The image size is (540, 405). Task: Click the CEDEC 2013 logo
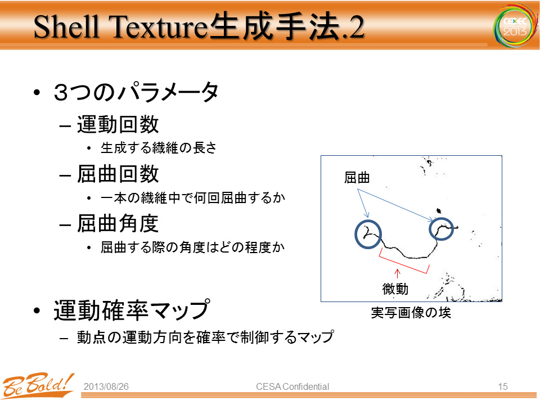pyautogui.click(x=515, y=25)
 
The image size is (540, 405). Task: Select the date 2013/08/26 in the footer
pyautogui.click(x=106, y=387)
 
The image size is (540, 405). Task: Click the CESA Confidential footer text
pyautogui.click(x=292, y=387)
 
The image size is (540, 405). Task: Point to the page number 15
pyautogui.click(x=503, y=387)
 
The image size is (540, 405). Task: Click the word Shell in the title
pyautogui.click(x=67, y=27)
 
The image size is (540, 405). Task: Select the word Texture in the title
pyautogui.click(x=159, y=27)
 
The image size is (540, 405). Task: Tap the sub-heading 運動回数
pyautogui.click(x=118, y=124)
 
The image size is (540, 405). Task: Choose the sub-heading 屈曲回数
pyautogui.click(x=118, y=174)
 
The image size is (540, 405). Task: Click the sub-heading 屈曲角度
pyautogui.click(x=118, y=223)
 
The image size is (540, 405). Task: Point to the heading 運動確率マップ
pyautogui.click(x=132, y=310)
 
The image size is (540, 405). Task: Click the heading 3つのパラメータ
pyautogui.click(x=136, y=92)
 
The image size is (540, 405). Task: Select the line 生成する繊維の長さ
pyautogui.click(x=159, y=148)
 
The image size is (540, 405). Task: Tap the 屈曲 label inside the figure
pyautogui.click(x=357, y=178)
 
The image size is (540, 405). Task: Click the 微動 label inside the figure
pyautogui.click(x=395, y=289)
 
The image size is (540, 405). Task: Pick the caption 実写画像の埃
pyautogui.click(x=411, y=313)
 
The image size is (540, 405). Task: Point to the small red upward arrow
pyautogui.click(x=397, y=273)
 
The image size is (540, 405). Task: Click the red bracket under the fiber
pyautogui.click(x=403, y=265)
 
